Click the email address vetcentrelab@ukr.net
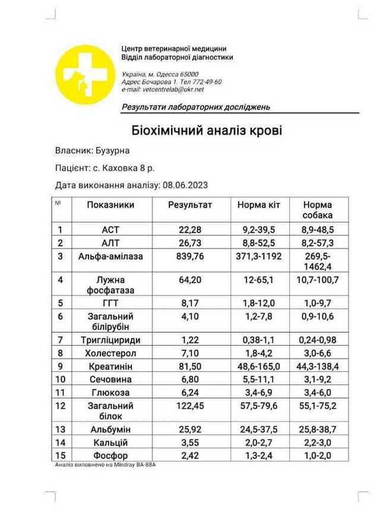173,89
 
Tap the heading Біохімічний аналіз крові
207,130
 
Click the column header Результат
189,205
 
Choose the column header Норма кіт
260,205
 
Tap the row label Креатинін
110,366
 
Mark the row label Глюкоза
110,392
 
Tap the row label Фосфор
110,455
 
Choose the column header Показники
110,205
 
